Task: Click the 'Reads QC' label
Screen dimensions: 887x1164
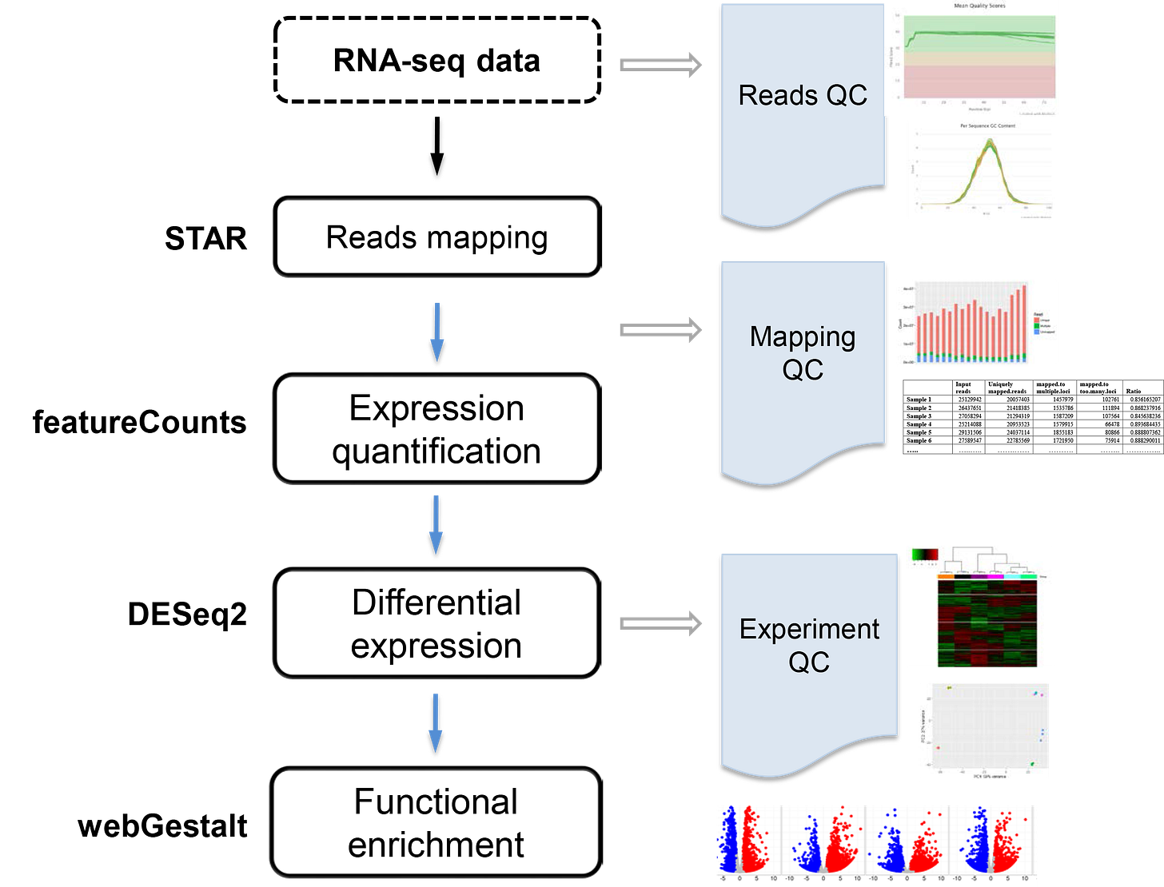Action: [803, 95]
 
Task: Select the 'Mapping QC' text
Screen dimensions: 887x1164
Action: [803, 352]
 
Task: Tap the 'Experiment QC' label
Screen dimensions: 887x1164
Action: [809, 645]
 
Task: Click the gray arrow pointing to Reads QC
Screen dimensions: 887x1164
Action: [660, 65]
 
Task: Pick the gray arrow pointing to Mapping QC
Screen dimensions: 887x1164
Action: [660, 329]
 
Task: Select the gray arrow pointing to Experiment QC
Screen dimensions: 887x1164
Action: [660, 623]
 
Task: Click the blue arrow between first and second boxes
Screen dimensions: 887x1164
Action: [436, 331]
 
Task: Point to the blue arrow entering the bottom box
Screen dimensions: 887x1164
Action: [436, 722]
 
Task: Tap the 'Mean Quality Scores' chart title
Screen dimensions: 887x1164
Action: [979, 6]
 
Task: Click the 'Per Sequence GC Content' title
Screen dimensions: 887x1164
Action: [987, 126]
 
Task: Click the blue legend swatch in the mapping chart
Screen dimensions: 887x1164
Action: [1037, 332]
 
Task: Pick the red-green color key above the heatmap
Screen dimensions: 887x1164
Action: [925, 554]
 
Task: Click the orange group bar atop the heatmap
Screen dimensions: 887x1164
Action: [945, 576]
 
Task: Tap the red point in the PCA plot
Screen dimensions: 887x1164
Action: [938, 748]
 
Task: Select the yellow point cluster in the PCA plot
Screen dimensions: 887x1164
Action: [949, 687]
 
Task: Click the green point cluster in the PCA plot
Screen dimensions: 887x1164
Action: [1032, 765]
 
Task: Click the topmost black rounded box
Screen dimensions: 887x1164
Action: [436, 238]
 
